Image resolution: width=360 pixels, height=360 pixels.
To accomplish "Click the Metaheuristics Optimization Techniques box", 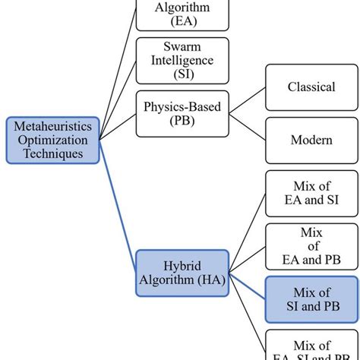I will tap(52, 140).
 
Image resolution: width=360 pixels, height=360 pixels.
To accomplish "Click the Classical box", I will tap(311, 87).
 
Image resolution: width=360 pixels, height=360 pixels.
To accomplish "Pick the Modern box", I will tap(311, 140).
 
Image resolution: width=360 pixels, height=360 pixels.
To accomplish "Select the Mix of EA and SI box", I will tap(311, 194).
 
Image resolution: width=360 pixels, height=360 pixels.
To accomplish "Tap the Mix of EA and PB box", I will tap(311, 248).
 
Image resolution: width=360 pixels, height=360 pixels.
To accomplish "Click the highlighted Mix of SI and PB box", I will tap(311, 299).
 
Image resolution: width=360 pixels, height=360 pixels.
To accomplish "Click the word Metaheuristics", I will tap(52, 126).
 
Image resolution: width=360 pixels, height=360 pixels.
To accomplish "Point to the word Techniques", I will tap(52, 153).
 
